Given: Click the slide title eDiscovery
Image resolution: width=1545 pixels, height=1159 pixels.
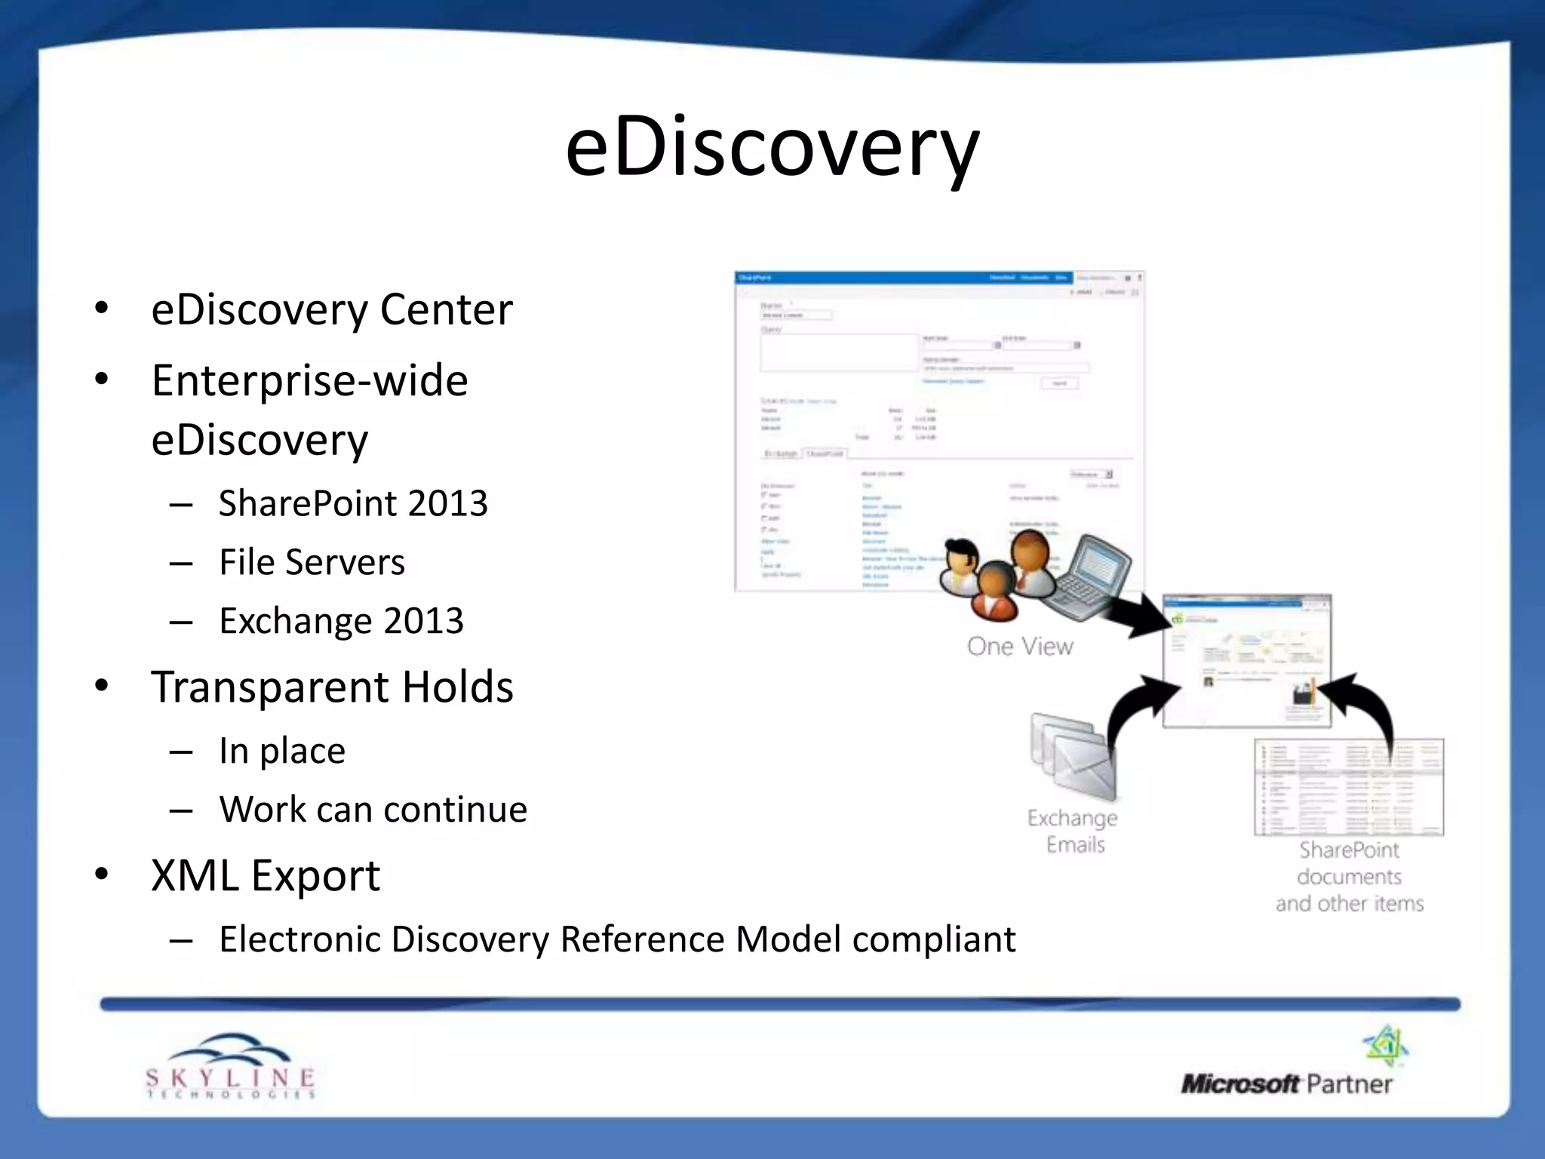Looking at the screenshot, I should (772, 147).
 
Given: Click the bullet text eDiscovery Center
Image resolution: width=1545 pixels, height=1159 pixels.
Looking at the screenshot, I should (332, 309).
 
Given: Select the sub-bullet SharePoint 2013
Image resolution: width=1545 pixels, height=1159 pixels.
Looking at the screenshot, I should (353, 503).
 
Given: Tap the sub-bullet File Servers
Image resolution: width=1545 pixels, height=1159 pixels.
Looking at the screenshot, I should (312, 562).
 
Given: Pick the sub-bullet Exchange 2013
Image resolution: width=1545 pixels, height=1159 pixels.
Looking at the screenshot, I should (341, 621).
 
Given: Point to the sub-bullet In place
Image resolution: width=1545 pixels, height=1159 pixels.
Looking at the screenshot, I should (282, 751).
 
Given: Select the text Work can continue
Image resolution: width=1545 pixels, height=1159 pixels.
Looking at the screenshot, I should (373, 810).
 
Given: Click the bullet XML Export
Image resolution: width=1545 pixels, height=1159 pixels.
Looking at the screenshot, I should (266, 875).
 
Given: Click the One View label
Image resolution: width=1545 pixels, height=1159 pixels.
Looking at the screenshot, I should (1020, 647).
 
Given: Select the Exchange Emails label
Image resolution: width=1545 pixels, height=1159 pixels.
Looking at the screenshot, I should (1074, 831).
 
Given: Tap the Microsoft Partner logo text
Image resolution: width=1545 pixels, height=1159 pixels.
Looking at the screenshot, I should (1286, 1084).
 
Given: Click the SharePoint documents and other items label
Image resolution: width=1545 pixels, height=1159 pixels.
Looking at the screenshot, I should (1349, 877).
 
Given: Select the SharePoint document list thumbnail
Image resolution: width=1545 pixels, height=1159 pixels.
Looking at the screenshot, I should (1348, 787).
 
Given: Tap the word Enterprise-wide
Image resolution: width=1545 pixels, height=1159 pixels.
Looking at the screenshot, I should (309, 380).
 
